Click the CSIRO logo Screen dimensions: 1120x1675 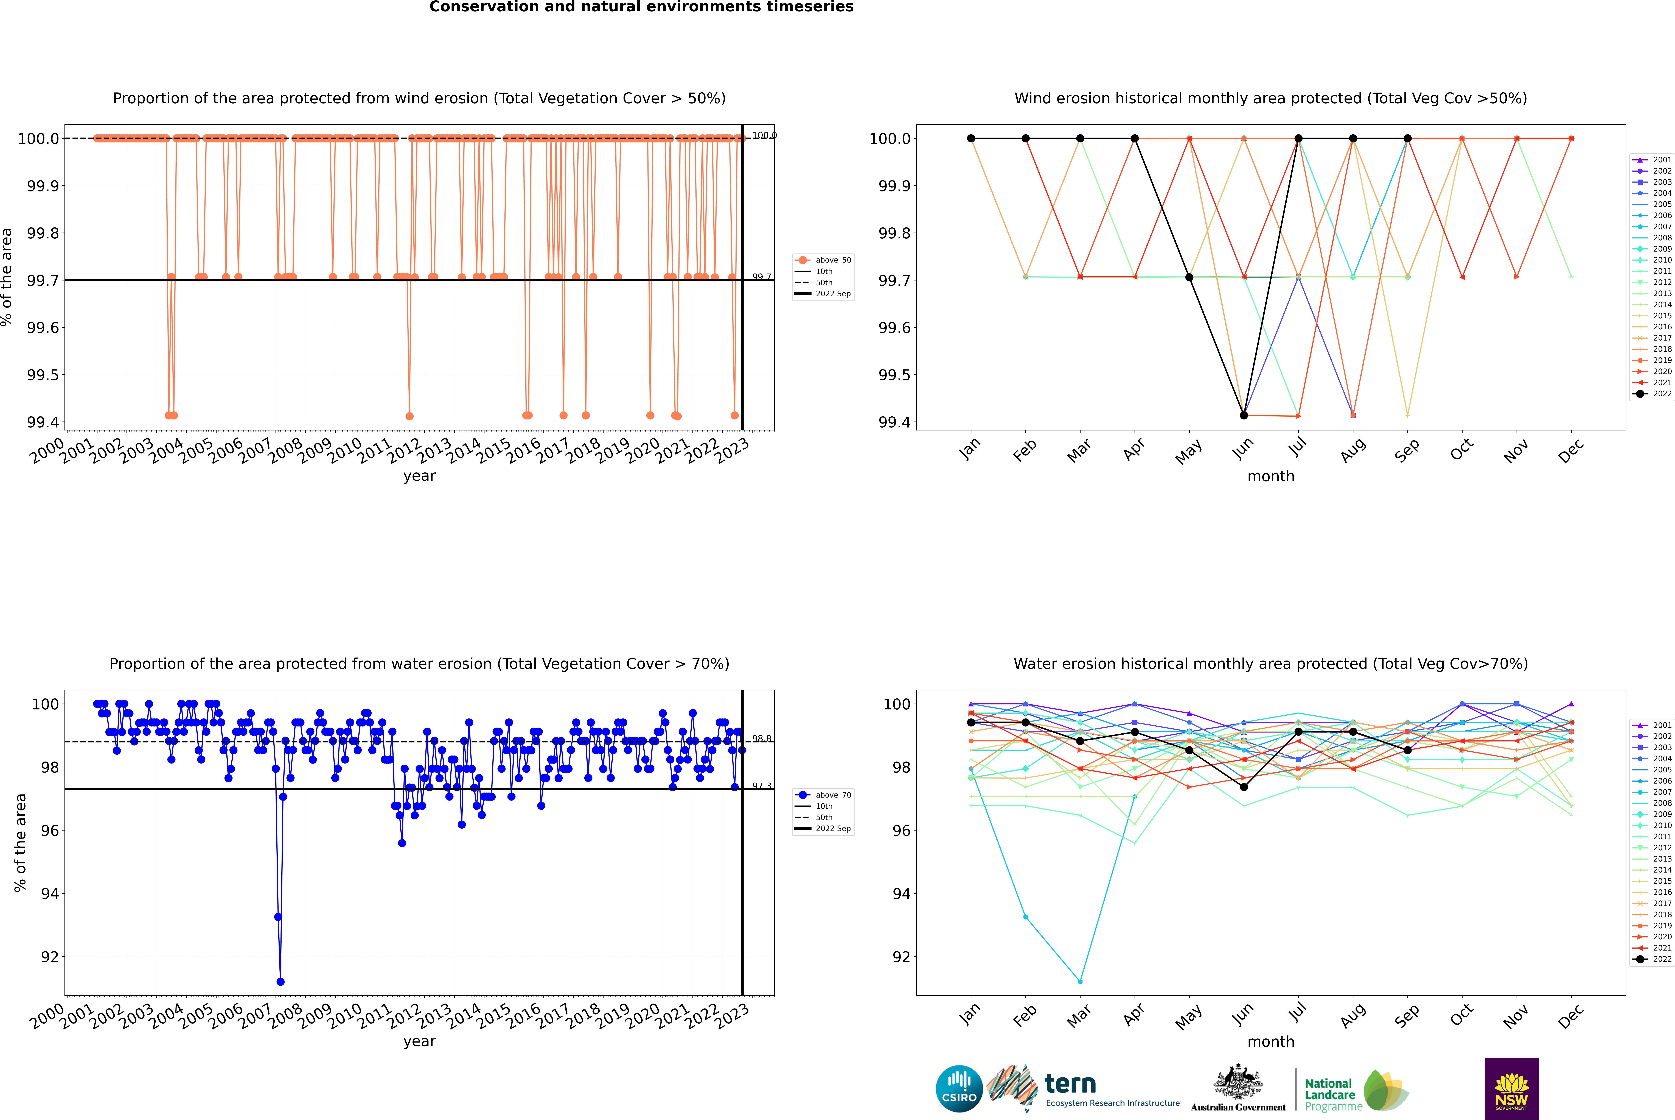click(x=959, y=1089)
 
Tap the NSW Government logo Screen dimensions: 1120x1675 click(x=1511, y=1089)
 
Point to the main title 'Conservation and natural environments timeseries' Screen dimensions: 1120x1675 click(x=641, y=7)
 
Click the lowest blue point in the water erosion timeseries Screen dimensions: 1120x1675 click(x=281, y=981)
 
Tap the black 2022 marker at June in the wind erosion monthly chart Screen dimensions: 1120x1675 click(x=1244, y=415)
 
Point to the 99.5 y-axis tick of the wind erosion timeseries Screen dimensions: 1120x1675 click(x=43, y=375)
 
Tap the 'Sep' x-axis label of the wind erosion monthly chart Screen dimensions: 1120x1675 click(x=1407, y=450)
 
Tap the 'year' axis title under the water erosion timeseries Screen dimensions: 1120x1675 click(x=419, y=1041)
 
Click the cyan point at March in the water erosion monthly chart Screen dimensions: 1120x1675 click(x=1079, y=981)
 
